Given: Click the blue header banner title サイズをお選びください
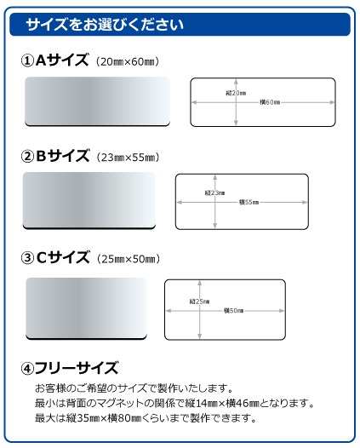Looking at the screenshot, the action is click(105, 25).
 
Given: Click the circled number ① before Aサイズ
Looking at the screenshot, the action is click(28, 60).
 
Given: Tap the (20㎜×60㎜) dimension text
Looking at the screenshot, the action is click(128, 61).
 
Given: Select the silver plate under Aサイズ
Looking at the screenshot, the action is click(97, 101).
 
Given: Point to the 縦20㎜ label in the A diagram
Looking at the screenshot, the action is click(236, 93).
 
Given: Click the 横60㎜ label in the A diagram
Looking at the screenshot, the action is click(270, 102).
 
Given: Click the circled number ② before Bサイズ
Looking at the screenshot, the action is click(28, 156).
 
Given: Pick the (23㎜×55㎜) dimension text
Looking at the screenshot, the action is click(128, 158).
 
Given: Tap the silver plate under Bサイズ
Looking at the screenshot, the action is click(89, 200).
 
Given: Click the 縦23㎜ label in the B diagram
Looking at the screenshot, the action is click(214, 193).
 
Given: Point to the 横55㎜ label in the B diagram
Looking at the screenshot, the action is click(249, 203).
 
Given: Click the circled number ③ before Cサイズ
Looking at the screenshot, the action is click(28, 258).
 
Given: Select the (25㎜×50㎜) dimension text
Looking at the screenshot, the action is click(129, 259).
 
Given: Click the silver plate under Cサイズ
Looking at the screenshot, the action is click(86, 308).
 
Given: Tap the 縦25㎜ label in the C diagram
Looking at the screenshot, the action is click(199, 302).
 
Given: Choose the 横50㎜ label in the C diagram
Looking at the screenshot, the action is click(234, 311).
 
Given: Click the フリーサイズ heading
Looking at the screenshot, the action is click(77, 368).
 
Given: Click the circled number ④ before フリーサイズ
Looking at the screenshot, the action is click(28, 369).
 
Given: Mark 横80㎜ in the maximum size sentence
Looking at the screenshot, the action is click(125, 418).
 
